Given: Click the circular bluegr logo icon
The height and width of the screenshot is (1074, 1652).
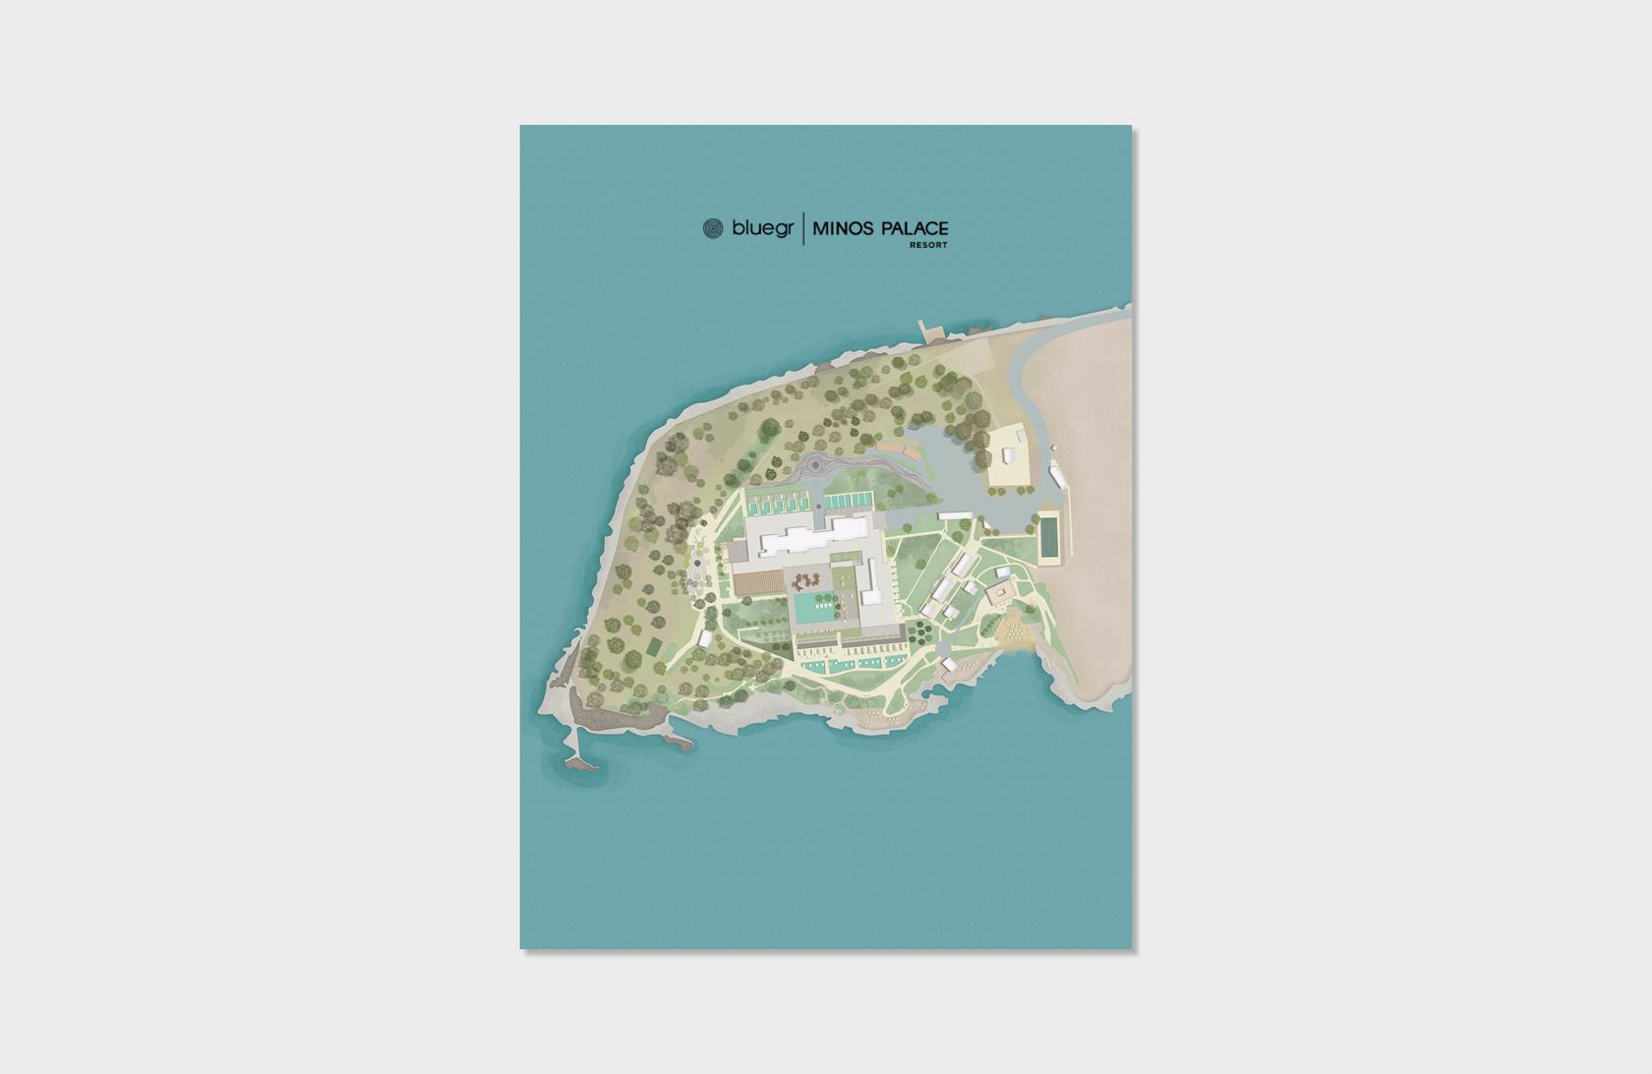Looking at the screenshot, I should point(713,229).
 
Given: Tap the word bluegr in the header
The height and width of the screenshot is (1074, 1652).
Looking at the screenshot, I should point(763,229).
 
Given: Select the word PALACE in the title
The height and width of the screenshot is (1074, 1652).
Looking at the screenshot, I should point(914,229).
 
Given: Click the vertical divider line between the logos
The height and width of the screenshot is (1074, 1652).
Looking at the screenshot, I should point(804,229).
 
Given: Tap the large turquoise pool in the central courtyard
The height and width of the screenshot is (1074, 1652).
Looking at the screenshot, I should point(812,607).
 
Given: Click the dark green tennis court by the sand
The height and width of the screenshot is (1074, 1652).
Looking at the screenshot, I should point(1051,537).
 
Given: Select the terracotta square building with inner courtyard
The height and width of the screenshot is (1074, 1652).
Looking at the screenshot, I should point(1001,592).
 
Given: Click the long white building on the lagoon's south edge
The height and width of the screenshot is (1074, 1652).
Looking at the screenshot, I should point(955,514).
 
